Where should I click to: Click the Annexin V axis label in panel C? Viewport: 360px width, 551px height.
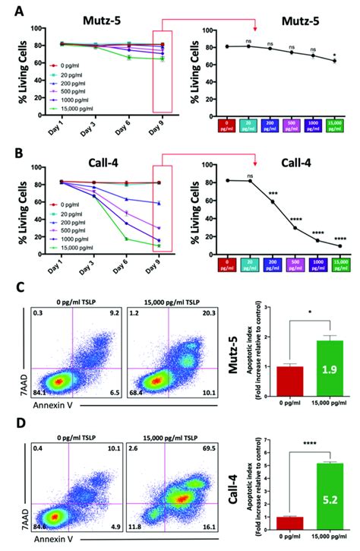[43, 407]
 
